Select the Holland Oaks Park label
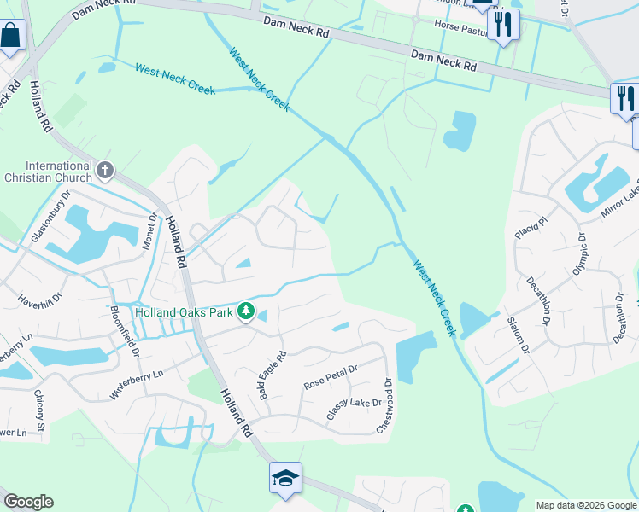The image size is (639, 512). (184, 312)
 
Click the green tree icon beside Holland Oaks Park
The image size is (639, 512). (246, 311)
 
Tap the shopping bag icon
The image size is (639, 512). (11, 37)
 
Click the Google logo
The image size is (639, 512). (28, 502)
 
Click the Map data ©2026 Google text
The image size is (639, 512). (585, 505)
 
